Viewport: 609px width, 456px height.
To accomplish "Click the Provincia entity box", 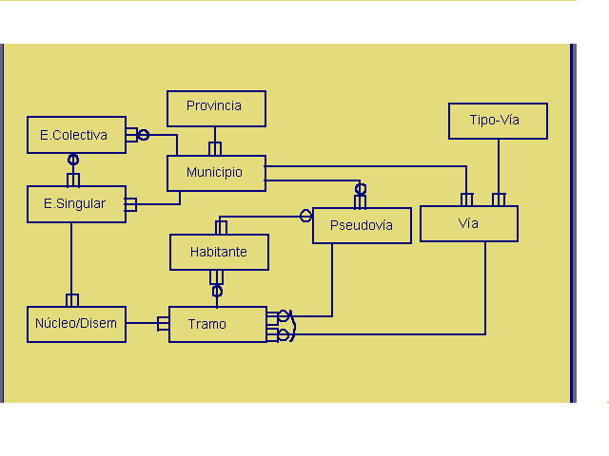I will tap(216, 107).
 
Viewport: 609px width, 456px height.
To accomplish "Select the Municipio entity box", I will tap(216, 173).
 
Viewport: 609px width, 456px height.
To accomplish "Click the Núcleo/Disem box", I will tap(76, 323).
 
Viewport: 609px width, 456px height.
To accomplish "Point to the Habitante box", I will tap(219, 252).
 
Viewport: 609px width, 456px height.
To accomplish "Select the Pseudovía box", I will tap(362, 225).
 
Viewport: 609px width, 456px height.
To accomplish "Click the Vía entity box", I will tap(469, 223).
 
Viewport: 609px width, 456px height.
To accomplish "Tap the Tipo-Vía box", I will tap(498, 121).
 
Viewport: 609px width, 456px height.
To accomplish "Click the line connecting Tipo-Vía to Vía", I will tap(498, 165).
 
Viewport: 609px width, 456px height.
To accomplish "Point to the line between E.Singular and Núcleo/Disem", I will tap(71, 256).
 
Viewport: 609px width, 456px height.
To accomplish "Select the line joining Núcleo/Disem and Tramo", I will tap(143, 324).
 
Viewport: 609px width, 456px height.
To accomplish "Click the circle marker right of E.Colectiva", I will tap(144, 135).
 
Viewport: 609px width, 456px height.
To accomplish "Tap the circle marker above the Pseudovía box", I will tap(361, 189).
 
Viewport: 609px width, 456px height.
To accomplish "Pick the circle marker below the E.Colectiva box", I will tap(72, 160).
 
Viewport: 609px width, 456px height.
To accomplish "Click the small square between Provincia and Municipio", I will tap(215, 149).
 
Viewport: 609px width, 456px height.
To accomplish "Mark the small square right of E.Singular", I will tap(130, 204).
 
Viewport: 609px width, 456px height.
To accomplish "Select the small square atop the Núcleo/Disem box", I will tap(71, 300).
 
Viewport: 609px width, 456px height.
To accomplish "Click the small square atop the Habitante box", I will tap(222, 228).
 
